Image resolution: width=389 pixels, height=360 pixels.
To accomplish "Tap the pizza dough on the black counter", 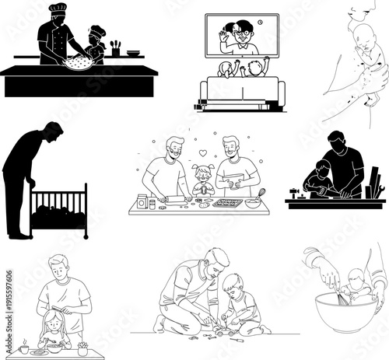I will tap(79, 61).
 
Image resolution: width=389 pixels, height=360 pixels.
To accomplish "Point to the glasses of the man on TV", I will tap(243, 33).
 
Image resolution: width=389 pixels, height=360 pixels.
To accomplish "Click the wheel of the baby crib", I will tap(86, 235).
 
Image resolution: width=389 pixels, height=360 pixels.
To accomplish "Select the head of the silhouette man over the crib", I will tap(53, 132).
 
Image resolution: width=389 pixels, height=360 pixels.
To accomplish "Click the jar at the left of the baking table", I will tap(142, 202).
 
